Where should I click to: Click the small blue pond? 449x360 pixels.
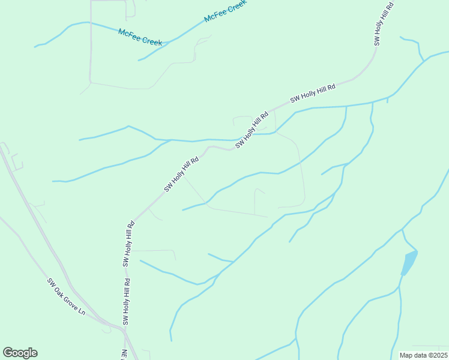(x=409, y=263)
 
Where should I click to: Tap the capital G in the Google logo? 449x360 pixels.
(x=8, y=353)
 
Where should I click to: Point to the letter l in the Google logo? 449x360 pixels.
(x=29, y=352)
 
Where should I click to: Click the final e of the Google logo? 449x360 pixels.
(x=34, y=353)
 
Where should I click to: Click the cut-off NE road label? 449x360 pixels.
(x=125, y=355)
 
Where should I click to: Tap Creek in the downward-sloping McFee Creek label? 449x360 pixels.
(x=151, y=41)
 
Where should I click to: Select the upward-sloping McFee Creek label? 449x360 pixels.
(x=226, y=11)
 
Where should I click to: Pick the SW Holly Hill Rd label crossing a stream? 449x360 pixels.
(x=252, y=130)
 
